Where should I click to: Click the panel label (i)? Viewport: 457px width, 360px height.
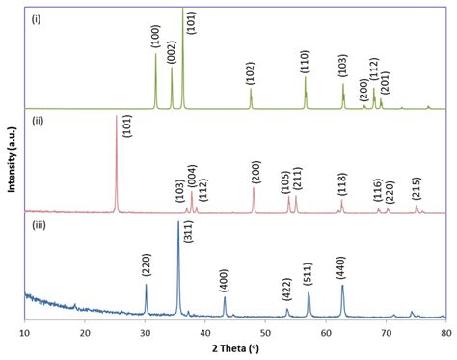[36, 19]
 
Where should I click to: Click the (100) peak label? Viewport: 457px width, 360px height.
[155, 38]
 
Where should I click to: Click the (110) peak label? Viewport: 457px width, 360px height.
[305, 62]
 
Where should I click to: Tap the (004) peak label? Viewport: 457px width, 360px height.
[192, 177]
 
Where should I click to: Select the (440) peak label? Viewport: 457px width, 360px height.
[340, 269]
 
